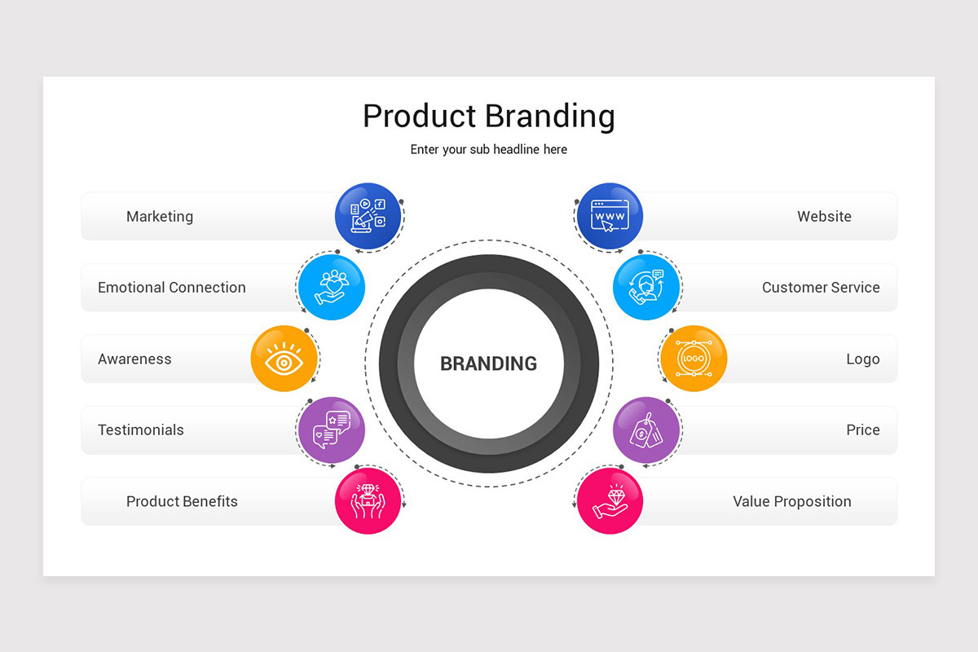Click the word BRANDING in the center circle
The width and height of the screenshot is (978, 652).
[x=488, y=363]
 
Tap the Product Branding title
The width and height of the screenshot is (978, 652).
[x=488, y=116]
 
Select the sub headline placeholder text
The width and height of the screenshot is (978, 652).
[x=488, y=150]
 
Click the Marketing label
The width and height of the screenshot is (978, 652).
[x=160, y=217]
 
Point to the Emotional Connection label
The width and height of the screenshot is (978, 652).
[x=171, y=288]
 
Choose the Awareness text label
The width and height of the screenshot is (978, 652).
[x=134, y=359]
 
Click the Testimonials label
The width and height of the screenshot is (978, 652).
[x=141, y=430]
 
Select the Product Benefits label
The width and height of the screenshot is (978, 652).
[x=182, y=502]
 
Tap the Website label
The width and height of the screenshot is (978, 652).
[x=824, y=217]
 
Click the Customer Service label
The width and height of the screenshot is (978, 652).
[x=821, y=288]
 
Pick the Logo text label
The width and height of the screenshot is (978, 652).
[x=862, y=359]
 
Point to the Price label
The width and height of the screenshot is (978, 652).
[x=862, y=430]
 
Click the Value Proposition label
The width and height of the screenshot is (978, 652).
[x=791, y=502]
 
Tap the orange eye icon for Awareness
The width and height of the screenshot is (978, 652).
[x=284, y=359]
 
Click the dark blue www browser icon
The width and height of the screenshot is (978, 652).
[x=610, y=217]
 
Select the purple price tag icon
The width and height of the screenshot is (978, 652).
[x=645, y=430]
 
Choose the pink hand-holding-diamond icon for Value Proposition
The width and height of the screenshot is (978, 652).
[x=610, y=501]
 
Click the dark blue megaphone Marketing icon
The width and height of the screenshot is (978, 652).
[x=368, y=217]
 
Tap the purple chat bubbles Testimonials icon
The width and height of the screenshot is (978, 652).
[x=331, y=430]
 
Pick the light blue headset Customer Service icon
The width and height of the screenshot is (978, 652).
[x=646, y=287]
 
